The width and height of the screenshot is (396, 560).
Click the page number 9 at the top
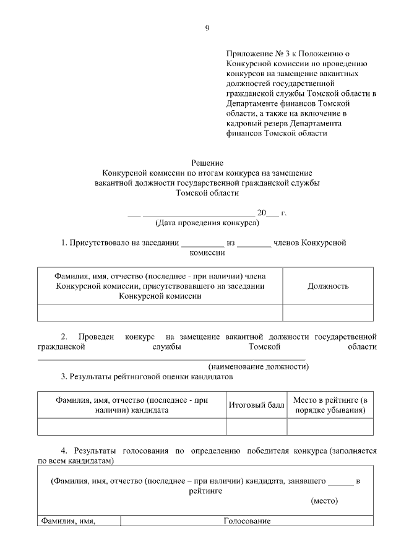tap(207, 28)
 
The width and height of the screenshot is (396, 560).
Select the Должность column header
tap(328, 286)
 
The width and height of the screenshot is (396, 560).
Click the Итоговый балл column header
tap(256, 405)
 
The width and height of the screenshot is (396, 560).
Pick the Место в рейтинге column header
tap(330, 405)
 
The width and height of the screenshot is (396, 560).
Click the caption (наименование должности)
tap(258, 366)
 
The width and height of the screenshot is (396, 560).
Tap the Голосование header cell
tap(247, 522)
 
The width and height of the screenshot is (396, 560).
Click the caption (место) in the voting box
tap(324, 502)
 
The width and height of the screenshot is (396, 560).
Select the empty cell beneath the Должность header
tap(328, 313)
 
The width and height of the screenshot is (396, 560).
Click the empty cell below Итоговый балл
tap(256, 427)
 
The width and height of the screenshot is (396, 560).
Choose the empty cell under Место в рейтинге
tap(330, 427)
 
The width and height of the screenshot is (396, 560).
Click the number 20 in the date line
tap(261, 213)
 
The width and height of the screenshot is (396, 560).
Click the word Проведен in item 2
tap(97, 336)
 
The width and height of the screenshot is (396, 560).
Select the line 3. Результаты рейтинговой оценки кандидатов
tap(146, 376)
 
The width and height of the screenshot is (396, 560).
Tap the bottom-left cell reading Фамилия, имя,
tap(68, 522)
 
